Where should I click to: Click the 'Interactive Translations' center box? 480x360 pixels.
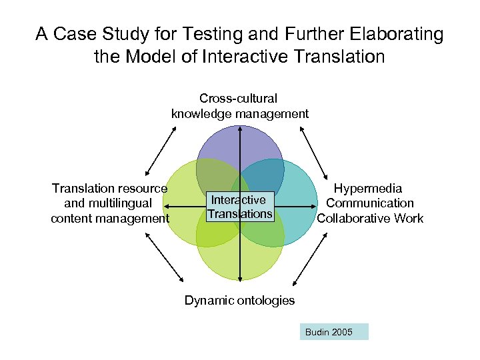click(x=240, y=207)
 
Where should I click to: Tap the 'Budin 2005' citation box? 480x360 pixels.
click(x=333, y=332)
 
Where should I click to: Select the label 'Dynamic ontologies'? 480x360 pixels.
click(x=239, y=300)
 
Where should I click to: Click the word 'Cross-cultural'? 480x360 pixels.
click(x=239, y=99)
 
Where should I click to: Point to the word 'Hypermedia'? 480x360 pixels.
click(x=368, y=189)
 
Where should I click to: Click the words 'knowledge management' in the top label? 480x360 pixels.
click(x=240, y=113)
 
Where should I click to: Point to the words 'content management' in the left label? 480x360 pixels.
click(x=111, y=218)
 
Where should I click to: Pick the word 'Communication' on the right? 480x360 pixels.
click(x=370, y=203)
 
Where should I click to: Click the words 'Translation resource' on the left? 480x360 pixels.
click(x=110, y=189)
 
